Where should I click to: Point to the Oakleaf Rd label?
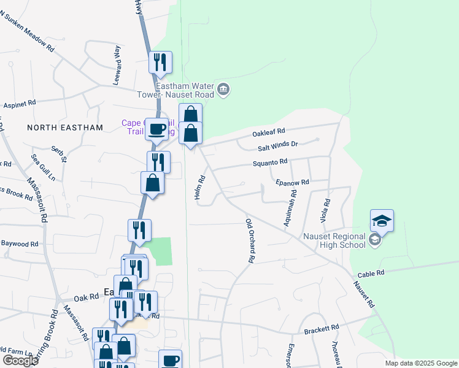(270, 132)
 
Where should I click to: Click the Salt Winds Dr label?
(277, 145)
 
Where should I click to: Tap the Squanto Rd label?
(271, 163)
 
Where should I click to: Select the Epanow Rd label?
(292, 182)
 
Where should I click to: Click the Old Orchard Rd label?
(250, 241)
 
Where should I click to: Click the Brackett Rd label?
(321, 330)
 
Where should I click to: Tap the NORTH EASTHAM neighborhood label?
(65, 128)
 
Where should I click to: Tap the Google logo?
(20, 361)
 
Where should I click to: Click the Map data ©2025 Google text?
(420, 363)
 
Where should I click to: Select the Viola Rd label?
(326, 210)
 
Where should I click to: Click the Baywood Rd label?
(19, 244)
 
